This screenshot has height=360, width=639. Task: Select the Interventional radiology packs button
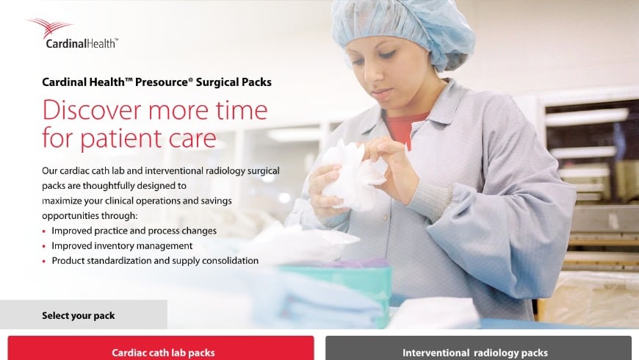pos(478,351)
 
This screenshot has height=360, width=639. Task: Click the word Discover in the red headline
pos(91,110)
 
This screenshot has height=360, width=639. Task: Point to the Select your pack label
pos(79,316)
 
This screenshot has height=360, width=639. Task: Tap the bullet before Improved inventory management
pos(44,246)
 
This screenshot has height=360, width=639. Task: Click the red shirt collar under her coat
pos(405,127)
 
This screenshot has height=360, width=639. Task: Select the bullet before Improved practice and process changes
pos(44,231)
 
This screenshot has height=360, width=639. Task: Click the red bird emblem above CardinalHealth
pos(51,28)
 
